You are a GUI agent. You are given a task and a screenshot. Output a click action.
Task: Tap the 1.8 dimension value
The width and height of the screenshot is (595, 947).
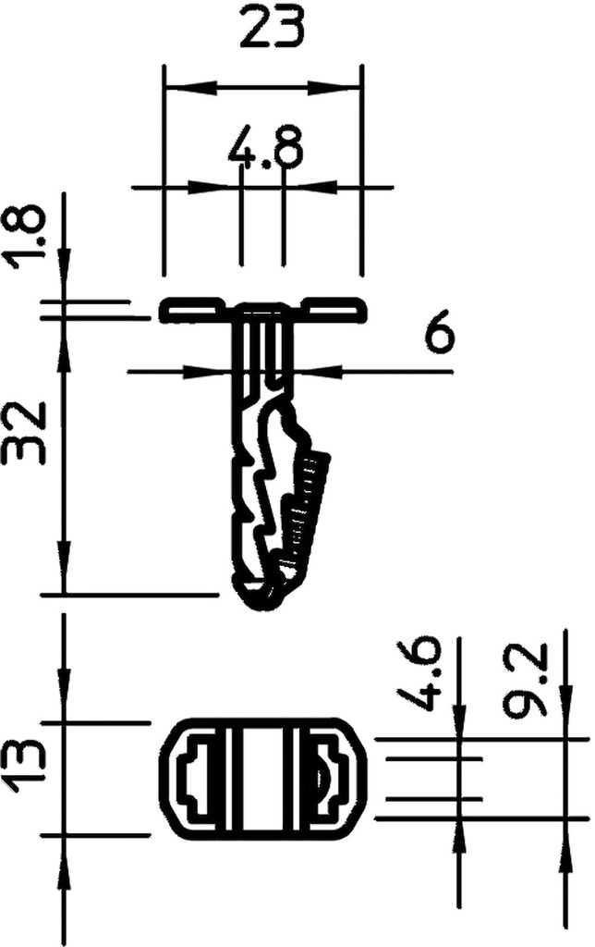click(30, 235)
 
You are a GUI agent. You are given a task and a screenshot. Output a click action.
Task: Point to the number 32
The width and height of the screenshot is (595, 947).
click(30, 434)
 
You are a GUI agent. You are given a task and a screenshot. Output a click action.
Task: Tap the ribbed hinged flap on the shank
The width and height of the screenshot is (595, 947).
click(310, 504)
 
